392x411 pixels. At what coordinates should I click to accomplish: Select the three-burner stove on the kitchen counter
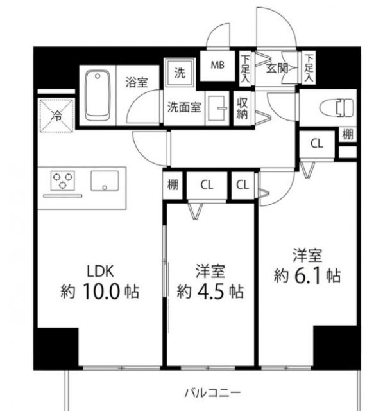pyautogui.click(x=62, y=181)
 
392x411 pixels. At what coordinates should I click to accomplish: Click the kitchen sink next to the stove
pyautogui.click(x=103, y=182)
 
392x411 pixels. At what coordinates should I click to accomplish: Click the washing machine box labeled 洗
pyautogui.click(x=179, y=72)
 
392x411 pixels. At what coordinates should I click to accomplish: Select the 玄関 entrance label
pyautogui.click(x=277, y=66)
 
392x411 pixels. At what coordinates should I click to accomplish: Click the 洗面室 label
pyautogui.click(x=185, y=107)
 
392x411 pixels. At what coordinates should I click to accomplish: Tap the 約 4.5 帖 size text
pyautogui.click(x=210, y=290)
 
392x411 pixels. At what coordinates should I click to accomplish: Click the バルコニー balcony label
pyautogui.click(x=213, y=392)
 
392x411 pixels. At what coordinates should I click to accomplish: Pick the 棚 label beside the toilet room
pyautogui.click(x=347, y=135)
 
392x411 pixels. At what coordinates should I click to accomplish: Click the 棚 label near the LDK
pyautogui.click(x=173, y=185)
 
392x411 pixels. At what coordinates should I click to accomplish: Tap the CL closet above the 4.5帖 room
pyautogui.click(x=206, y=185)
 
